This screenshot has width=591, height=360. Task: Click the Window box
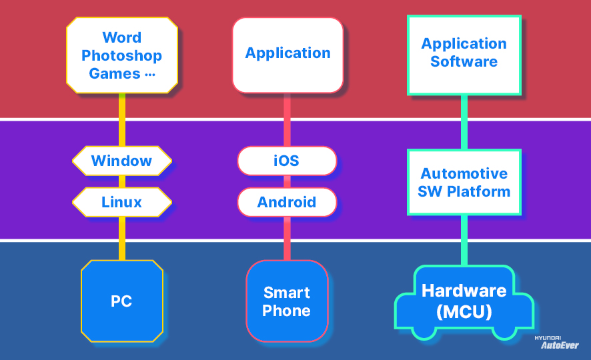coord(121,161)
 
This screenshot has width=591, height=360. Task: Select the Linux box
coord(121,202)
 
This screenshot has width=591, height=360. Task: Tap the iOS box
coord(286,161)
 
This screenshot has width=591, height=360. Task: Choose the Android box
coord(286,202)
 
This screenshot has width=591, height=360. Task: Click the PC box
coord(121,301)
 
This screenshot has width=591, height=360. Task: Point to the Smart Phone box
coord(286,301)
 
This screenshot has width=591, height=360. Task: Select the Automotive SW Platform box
coord(464,182)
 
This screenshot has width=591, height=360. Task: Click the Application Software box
coord(464,53)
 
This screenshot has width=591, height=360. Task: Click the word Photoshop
coord(121,55)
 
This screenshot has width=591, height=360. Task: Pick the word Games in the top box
coord(114,73)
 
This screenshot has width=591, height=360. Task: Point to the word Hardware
coord(464,291)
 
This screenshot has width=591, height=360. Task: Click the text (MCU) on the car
coord(464,311)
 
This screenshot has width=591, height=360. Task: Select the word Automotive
coord(464,173)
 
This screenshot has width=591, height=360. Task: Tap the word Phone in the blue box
coord(286,311)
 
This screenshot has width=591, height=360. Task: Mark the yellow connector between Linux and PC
coord(121,238)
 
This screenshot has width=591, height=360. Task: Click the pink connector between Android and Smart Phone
coord(287,238)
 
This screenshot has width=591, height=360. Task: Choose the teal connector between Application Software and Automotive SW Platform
coord(464,122)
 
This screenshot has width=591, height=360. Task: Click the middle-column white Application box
coord(287,53)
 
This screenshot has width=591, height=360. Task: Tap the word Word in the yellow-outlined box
coord(121,37)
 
